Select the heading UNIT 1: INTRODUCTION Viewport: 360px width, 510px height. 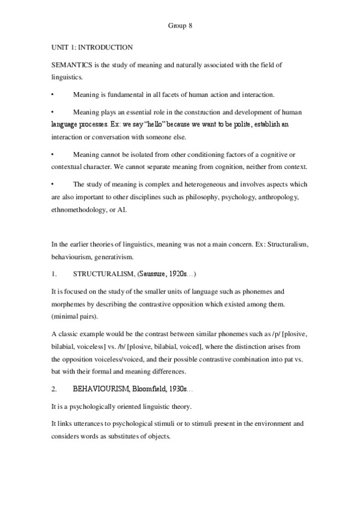click(x=91, y=47)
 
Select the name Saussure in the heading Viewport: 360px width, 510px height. click(x=156, y=274)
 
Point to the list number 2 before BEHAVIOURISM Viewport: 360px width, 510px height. click(x=54, y=390)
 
